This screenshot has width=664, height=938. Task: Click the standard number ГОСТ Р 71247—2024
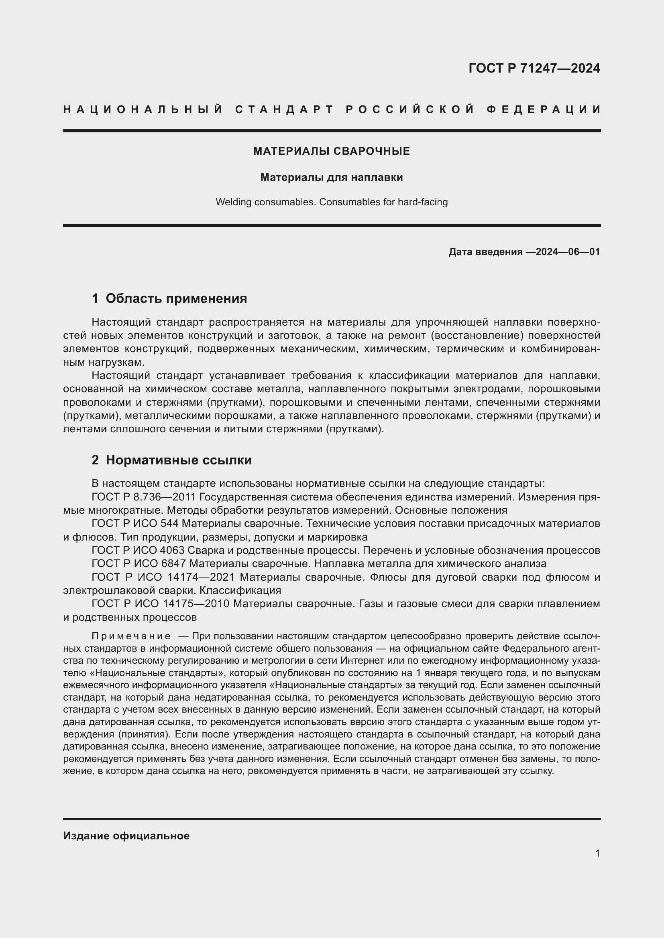coord(534,68)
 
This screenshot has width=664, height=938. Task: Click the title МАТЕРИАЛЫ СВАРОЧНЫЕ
coord(332,151)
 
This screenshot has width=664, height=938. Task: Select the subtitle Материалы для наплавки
coord(332,177)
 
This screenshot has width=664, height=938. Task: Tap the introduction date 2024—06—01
coord(568,252)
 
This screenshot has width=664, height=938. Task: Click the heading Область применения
coord(176,299)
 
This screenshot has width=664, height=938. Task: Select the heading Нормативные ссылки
coord(179,460)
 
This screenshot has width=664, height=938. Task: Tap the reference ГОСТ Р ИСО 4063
coord(139,550)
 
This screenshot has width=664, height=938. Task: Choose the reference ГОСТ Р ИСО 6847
coord(139,564)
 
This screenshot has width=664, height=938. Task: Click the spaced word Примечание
coord(131,636)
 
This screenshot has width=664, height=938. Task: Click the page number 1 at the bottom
coord(597,853)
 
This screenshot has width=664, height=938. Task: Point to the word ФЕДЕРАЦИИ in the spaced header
coord(544,109)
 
